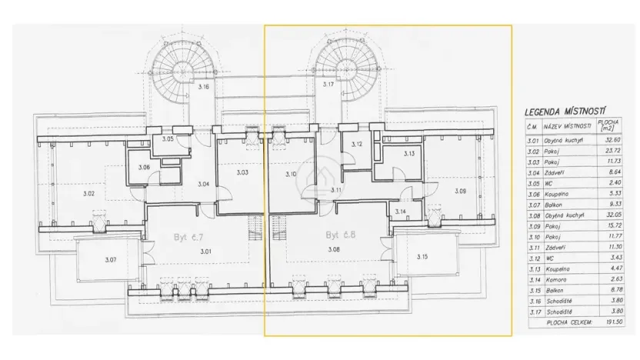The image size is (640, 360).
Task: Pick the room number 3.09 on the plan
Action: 460,191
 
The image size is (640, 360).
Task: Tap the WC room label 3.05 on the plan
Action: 168,138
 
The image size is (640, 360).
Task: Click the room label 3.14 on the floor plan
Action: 401,212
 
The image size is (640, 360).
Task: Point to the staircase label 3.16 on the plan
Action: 203,87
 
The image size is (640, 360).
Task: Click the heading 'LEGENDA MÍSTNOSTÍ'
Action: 566,111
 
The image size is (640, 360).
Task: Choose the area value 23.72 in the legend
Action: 614,152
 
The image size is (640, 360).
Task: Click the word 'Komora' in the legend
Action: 555,279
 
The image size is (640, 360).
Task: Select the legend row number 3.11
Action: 532,247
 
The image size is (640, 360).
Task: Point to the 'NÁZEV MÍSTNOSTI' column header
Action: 568,125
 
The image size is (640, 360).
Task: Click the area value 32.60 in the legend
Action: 614,141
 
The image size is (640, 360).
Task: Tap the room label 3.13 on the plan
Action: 409,154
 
